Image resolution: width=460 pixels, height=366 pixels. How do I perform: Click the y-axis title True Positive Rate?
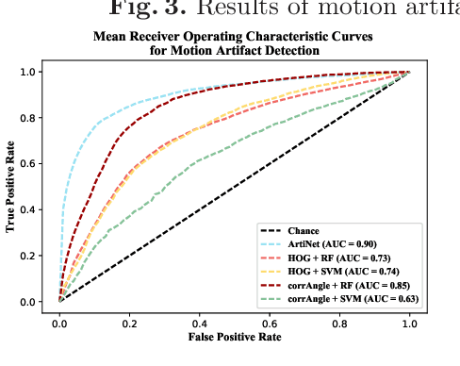coord(10,187)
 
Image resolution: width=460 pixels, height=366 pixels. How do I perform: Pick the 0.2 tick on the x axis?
coord(129,322)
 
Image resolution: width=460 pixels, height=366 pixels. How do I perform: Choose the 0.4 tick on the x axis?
coord(199,322)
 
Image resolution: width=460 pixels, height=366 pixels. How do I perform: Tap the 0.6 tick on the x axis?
coord(270,322)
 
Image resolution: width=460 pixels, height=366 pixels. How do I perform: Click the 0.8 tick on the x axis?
coord(339,322)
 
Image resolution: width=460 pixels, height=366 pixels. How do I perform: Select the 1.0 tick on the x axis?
coord(409,322)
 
